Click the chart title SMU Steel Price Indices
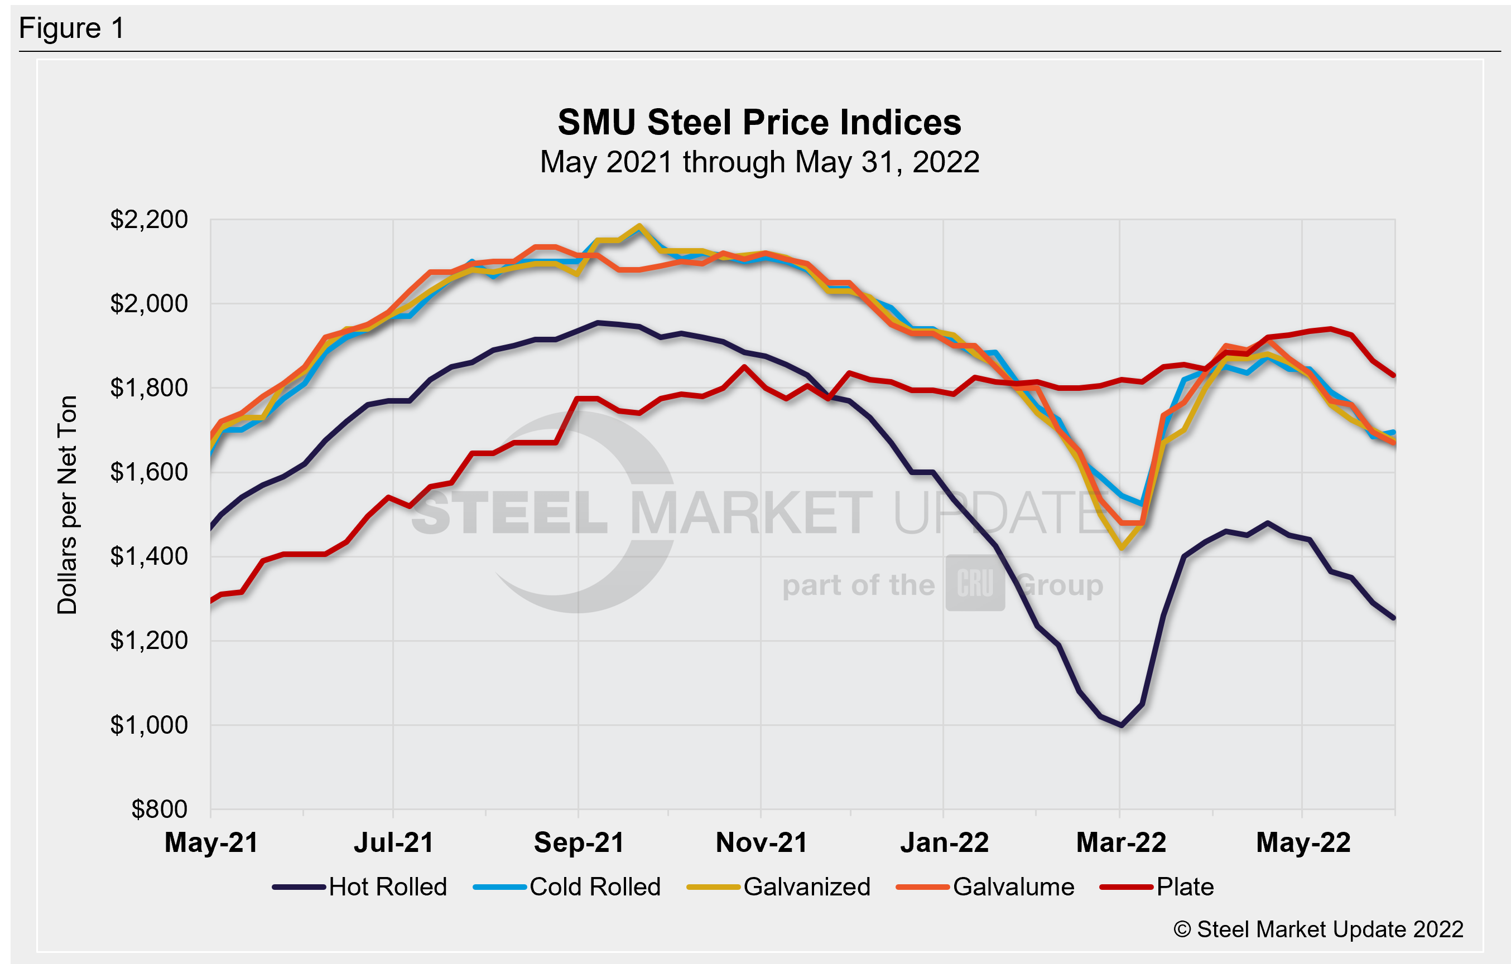tap(759, 122)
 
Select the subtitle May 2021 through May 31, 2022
tap(759, 162)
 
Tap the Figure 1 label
tap(72, 28)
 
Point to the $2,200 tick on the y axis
tap(149, 220)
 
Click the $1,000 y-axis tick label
tap(149, 725)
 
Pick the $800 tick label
tap(160, 810)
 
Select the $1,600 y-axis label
tap(149, 472)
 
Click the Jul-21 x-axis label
tap(393, 842)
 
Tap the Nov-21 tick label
tap(761, 842)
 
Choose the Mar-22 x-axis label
tap(1121, 842)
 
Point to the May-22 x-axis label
tap(1303, 842)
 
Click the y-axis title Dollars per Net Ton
tap(67, 505)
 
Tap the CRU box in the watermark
tap(975, 583)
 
